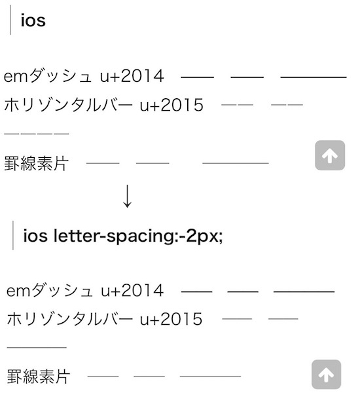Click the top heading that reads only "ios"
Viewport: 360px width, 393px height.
pos(33,20)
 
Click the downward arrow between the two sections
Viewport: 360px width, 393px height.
pos(127,196)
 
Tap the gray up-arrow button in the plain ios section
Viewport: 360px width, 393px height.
pos(330,155)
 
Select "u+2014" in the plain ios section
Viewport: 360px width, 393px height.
pos(132,76)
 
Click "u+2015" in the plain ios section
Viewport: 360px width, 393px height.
pos(171,105)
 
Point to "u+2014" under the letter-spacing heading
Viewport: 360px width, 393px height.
pos(132,291)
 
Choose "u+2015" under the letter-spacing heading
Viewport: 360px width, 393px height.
pos(171,319)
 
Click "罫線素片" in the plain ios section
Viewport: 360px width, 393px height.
pos(36,163)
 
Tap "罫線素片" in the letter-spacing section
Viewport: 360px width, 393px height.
pos(38,376)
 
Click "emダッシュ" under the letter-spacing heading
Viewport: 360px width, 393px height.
pos(50,291)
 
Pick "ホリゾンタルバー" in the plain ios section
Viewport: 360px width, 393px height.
pos(68,105)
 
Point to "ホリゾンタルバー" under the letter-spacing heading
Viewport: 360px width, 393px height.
pos(69,319)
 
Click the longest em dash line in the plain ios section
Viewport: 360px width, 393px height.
pos(314,77)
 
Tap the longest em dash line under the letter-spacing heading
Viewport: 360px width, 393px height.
pos(304,291)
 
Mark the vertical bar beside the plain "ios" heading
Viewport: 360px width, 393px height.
pos(10,20)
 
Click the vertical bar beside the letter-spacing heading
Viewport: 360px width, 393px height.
pos(13,235)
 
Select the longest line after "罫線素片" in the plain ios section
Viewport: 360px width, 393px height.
pos(236,163)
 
